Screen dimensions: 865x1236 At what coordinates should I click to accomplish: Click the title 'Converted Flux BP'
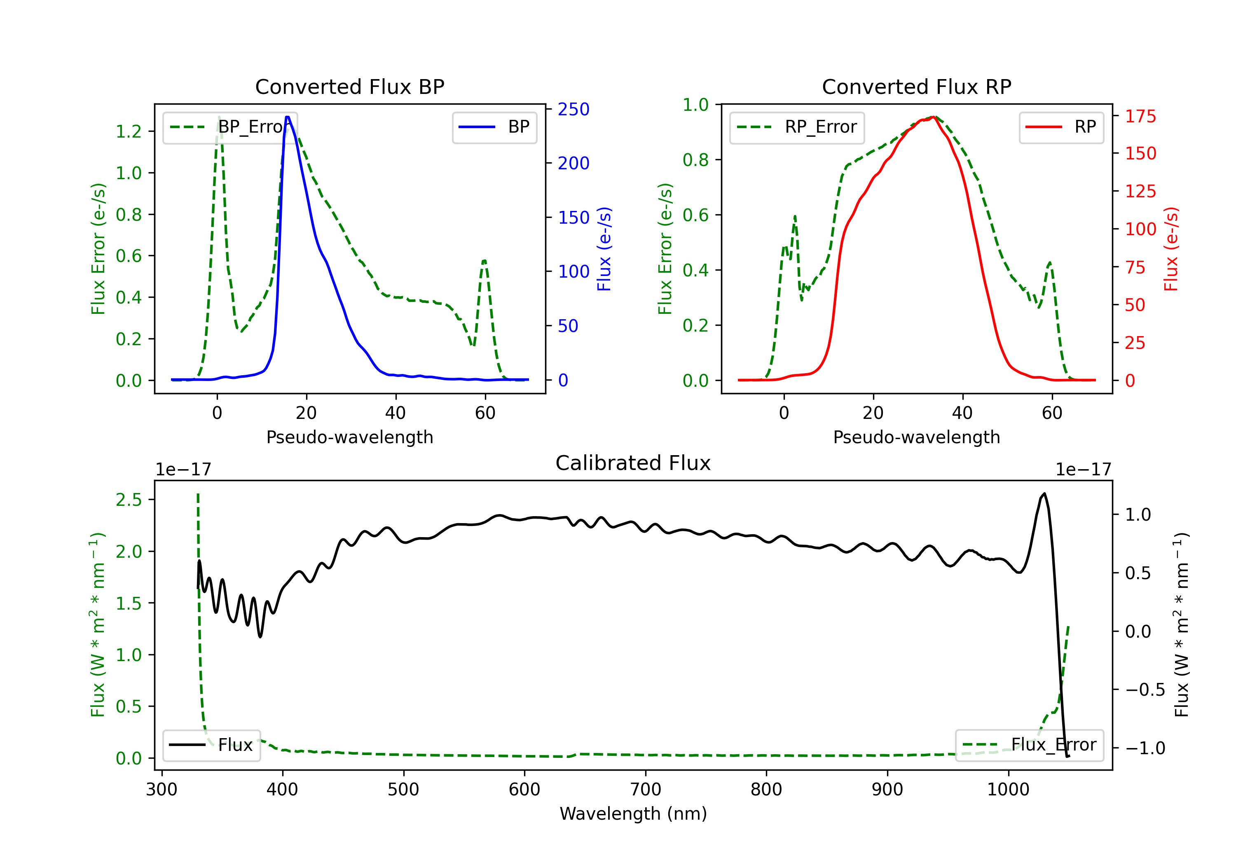(x=349, y=86)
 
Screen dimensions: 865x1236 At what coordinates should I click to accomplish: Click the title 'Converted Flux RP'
(x=916, y=86)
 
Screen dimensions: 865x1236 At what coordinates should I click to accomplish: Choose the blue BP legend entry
(x=494, y=127)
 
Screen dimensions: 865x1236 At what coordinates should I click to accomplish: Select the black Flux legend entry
(x=211, y=745)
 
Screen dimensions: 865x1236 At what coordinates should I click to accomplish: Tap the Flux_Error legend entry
(x=1029, y=745)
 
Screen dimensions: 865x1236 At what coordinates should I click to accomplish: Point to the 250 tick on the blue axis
(x=574, y=109)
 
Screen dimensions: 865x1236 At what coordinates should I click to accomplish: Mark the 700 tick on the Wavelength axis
(x=646, y=789)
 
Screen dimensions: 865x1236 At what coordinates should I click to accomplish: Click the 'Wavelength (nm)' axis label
(x=633, y=814)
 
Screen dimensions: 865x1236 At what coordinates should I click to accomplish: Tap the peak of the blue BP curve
(x=288, y=117)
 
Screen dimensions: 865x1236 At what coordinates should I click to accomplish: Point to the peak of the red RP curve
(x=934, y=117)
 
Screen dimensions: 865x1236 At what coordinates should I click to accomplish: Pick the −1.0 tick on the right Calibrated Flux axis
(x=1145, y=748)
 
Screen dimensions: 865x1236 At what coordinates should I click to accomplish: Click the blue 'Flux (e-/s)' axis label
(x=604, y=249)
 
